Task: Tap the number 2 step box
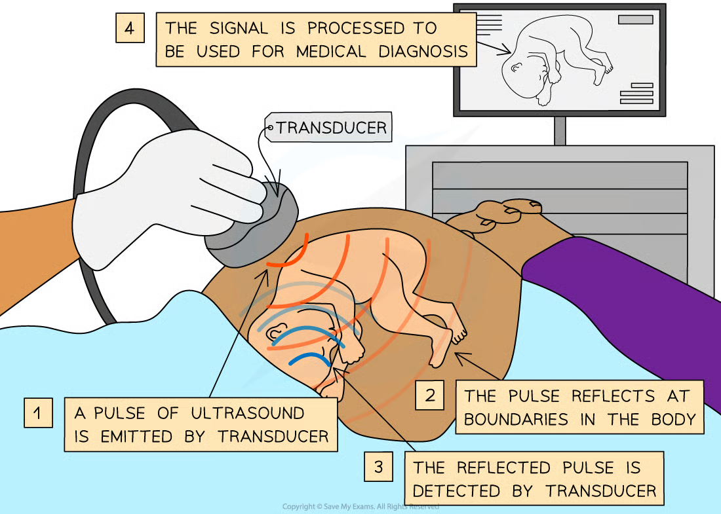pos(430,395)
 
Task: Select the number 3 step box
pos(379,466)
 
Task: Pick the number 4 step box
pos(130,28)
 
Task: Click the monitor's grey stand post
pos(560,131)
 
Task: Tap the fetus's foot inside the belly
pos(456,334)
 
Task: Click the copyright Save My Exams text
pos(360,507)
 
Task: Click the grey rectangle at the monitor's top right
pos(635,20)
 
